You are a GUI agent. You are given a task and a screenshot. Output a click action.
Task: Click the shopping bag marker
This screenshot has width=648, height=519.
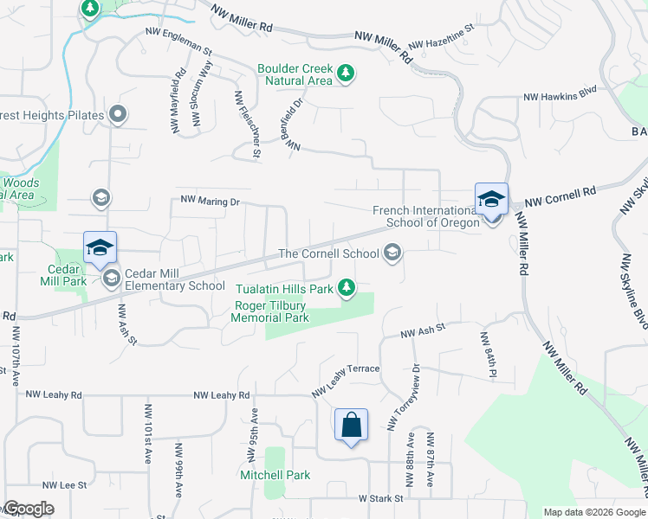351,426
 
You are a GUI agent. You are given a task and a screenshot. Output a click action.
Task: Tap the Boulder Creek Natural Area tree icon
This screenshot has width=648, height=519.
346,72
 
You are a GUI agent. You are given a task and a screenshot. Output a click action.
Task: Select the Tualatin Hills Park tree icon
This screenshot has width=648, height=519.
347,288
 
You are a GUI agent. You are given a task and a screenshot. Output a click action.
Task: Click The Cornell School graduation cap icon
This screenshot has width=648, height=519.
392,253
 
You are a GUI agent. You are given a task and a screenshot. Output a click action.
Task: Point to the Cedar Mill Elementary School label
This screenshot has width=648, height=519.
176,286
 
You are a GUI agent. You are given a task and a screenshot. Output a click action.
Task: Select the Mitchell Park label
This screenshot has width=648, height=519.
275,476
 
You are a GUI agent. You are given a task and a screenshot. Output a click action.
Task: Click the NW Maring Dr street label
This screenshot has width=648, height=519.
209,200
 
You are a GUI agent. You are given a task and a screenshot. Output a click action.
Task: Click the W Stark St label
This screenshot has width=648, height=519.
382,498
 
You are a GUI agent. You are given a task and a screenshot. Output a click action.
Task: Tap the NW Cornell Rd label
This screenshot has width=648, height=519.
561,195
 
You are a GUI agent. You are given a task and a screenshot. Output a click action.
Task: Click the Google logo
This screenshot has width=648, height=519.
29,509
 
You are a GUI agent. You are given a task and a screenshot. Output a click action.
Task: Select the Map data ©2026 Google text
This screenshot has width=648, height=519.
593,512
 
